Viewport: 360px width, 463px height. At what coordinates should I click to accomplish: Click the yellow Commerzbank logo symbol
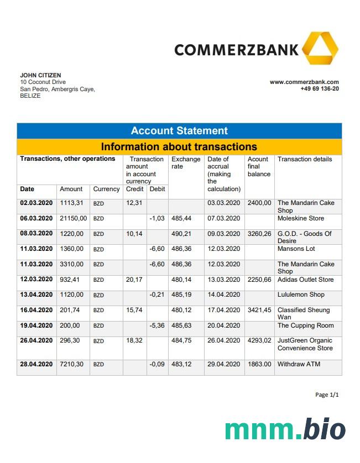tap(320, 49)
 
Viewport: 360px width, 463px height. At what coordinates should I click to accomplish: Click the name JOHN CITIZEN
tap(40, 75)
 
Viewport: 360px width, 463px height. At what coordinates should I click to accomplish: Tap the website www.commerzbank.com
tap(304, 82)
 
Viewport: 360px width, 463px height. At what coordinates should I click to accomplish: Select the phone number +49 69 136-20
tap(320, 88)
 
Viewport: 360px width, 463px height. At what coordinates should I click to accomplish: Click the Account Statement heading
tap(179, 131)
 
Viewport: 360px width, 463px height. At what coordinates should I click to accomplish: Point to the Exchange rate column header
tap(186, 163)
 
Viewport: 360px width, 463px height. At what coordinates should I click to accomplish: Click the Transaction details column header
tap(305, 159)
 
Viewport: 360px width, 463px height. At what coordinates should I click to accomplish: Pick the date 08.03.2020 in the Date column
tap(36, 234)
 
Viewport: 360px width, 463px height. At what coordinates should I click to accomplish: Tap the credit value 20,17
tap(134, 280)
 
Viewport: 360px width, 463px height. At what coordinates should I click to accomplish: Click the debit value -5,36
tap(157, 325)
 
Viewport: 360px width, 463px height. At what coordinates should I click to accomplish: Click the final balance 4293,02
tap(259, 341)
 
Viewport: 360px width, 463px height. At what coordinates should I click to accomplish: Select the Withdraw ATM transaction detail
tap(299, 364)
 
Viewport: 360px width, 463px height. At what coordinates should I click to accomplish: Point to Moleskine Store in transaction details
tap(301, 218)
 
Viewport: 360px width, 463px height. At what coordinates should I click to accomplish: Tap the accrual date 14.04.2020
tap(224, 295)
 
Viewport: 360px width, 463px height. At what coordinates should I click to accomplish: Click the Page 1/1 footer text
tap(327, 394)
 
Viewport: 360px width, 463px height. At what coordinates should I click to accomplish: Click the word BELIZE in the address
tap(30, 96)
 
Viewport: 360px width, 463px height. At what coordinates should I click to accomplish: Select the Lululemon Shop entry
tap(301, 294)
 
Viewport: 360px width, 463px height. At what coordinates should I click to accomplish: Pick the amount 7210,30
tap(72, 364)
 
